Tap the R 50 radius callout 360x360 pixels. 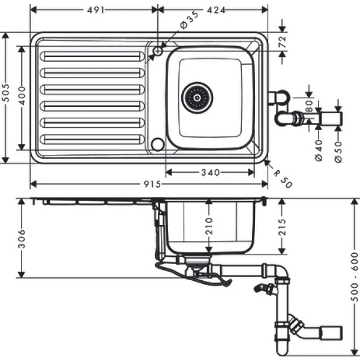[x=283, y=178]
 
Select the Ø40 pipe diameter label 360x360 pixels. [x=319, y=149]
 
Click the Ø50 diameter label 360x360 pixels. [x=338, y=149]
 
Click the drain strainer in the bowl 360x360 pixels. [x=197, y=96]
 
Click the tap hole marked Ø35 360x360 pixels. [x=158, y=52]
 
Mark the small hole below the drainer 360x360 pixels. [x=158, y=144]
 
